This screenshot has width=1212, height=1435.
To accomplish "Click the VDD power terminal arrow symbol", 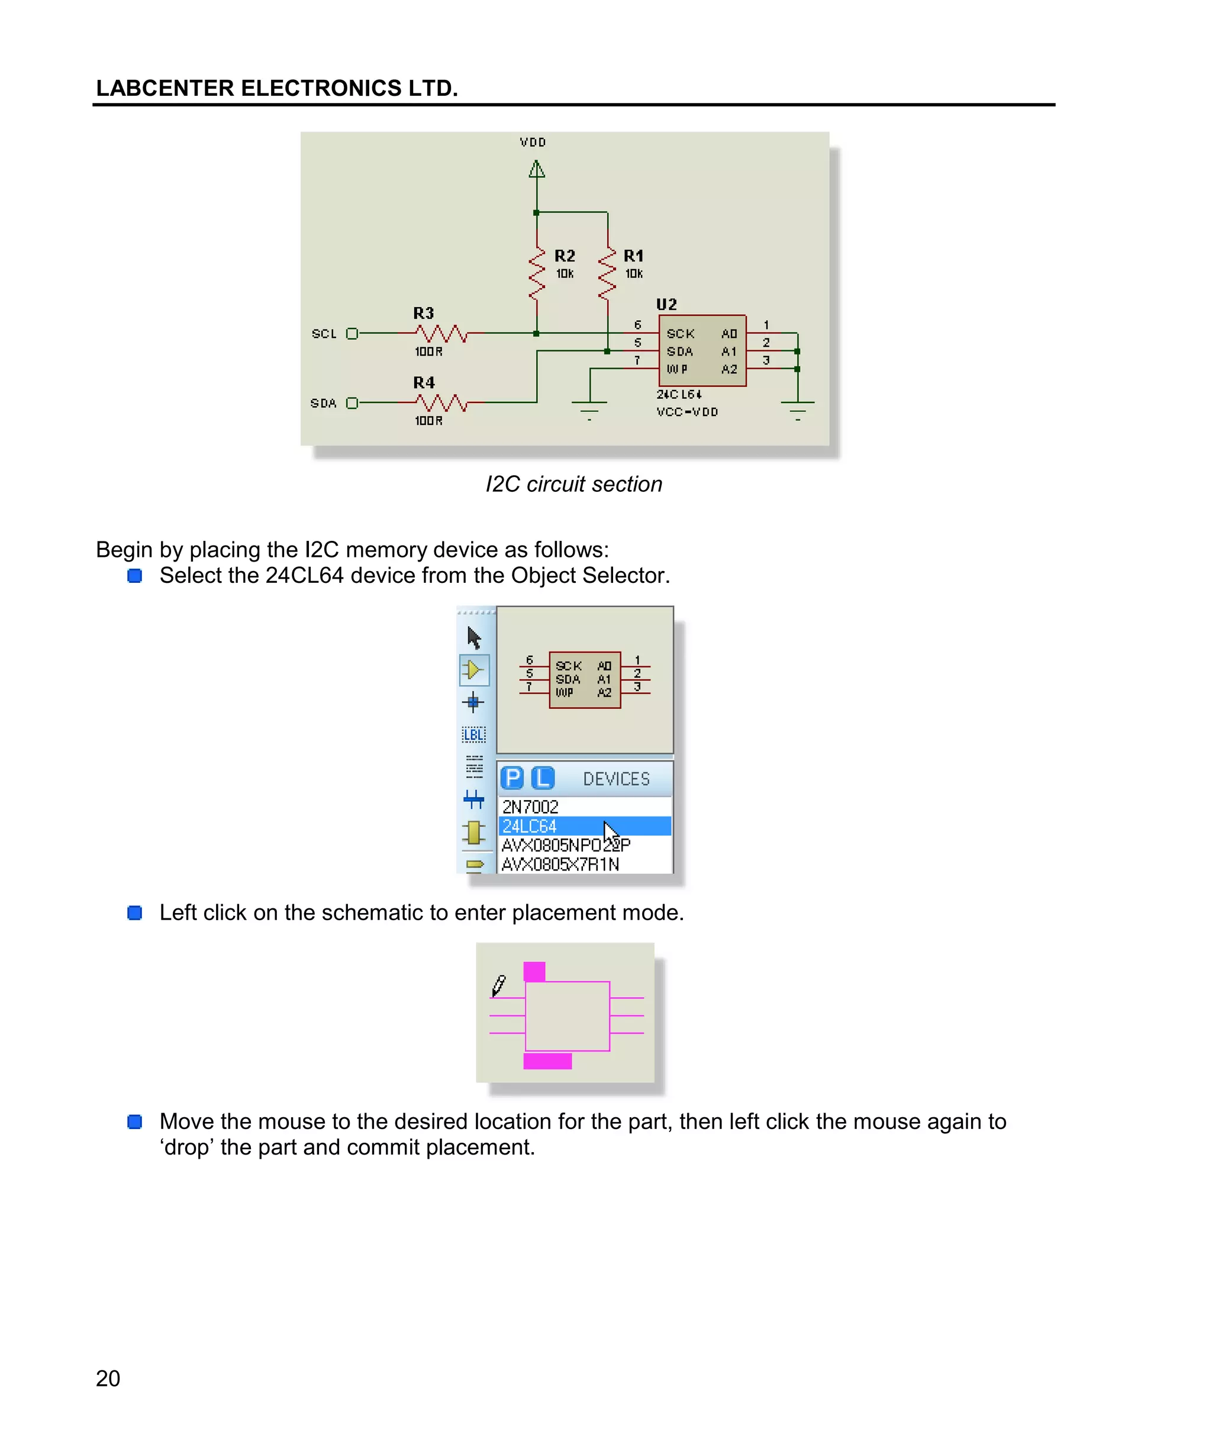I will tap(537, 169).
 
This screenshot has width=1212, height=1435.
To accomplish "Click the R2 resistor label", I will tap(564, 256).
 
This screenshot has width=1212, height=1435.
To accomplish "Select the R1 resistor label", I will tap(633, 256).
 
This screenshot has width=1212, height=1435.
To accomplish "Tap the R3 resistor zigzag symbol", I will tap(441, 334).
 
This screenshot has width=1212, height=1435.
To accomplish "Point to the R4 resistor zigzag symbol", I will tap(441, 402).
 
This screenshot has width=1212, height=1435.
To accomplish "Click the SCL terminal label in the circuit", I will tap(324, 334).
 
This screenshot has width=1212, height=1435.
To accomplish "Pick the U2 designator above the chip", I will tap(666, 304).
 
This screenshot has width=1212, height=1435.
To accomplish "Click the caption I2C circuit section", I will tap(573, 484).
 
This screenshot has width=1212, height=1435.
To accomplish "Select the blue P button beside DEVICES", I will tap(512, 778).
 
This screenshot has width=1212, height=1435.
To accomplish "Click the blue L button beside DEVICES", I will tap(543, 778).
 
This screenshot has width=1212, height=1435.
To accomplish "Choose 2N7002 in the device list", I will tap(530, 807).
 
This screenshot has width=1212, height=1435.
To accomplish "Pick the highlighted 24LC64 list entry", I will tap(530, 825).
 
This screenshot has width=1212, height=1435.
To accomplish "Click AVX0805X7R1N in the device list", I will tap(560, 864).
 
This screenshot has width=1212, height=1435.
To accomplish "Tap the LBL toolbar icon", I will tap(473, 734).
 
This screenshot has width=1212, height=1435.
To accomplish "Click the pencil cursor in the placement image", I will tap(499, 986).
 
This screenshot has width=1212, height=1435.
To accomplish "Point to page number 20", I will tap(108, 1378).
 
